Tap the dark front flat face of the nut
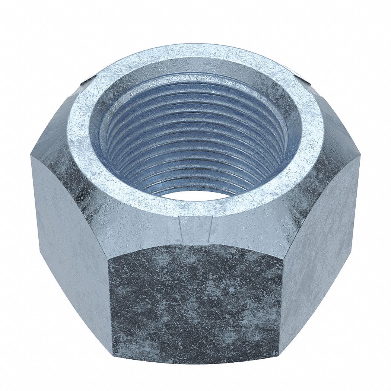click(x=195, y=302)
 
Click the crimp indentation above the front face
click(x=195, y=229)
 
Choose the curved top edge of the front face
click(x=195, y=245)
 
